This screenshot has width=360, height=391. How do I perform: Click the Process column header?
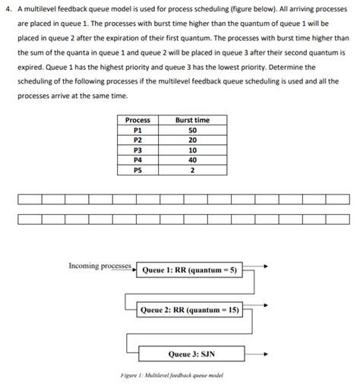(x=137, y=120)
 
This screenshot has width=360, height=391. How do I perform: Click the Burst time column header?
(x=192, y=120)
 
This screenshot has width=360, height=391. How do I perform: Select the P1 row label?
(x=137, y=130)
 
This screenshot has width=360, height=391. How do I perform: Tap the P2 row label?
(x=137, y=140)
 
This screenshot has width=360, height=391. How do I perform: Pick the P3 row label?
(x=137, y=150)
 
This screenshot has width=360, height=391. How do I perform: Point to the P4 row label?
(x=137, y=160)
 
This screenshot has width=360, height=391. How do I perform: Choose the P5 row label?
(x=137, y=170)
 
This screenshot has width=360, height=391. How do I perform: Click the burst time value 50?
(x=192, y=130)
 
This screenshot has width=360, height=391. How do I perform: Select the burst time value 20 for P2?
(x=192, y=140)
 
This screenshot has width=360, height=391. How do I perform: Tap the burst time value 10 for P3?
(x=192, y=150)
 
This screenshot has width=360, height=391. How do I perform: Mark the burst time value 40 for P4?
(x=192, y=160)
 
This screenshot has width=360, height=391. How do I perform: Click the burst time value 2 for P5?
(x=192, y=170)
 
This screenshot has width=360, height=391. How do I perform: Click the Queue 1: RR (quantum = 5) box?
(x=190, y=270)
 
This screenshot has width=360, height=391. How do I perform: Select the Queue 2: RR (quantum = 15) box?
(x=190, y=310)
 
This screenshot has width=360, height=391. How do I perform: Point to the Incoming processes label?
(x=99, y=266)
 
